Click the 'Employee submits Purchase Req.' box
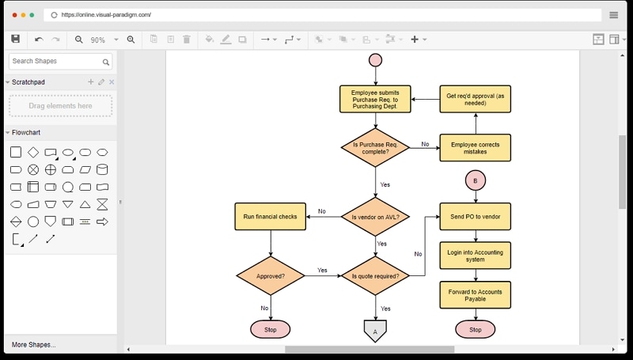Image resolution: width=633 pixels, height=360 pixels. [375, 99]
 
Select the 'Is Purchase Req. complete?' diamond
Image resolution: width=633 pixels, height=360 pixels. [375, 148]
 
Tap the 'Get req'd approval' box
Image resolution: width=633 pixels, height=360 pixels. [475, 99]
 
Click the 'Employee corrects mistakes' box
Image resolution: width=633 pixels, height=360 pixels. [475, 148]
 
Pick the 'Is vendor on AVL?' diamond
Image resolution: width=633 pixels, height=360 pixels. [375, 217]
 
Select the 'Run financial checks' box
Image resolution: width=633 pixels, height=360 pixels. [271, 217]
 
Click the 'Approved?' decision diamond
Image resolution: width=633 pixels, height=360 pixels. [271, 276]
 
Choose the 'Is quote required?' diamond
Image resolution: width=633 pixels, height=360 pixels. [375, 276]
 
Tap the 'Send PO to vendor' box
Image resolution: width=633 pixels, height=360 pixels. [475, 217]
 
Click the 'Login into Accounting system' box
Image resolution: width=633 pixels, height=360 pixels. [475, 256]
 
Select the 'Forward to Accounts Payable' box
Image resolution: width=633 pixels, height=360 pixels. [475, 295]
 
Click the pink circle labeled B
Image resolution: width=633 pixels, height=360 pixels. [475, 180]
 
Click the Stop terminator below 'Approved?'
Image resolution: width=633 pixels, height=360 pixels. [271, 329]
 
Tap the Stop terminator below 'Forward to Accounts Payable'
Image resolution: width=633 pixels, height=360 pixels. [475, 329]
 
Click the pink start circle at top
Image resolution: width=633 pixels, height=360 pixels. [375, 60]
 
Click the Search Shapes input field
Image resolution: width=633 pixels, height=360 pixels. [55, 61]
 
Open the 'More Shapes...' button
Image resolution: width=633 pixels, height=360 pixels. [34, 345]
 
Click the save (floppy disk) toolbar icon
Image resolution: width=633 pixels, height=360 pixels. [15, 39]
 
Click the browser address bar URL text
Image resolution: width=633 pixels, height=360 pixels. [106, 14]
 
